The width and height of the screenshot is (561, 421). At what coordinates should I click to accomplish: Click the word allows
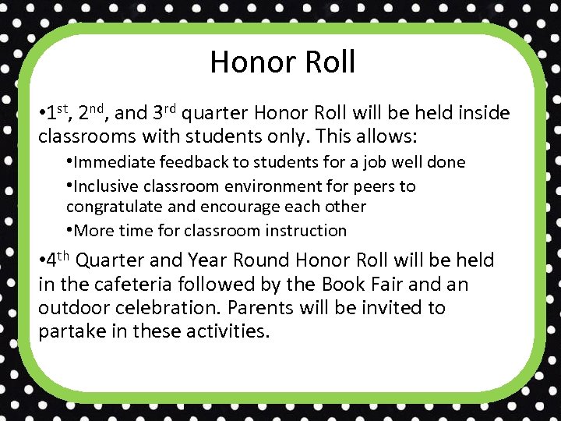(x=387, y=137)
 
